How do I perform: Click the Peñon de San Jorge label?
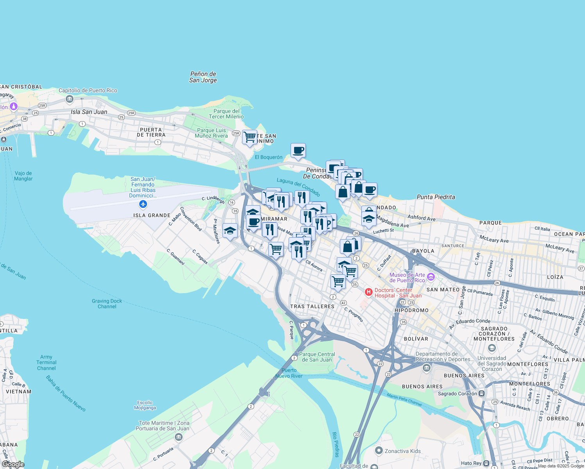point(203,77)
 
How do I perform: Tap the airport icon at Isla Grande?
point(143,204)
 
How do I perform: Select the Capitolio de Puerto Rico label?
point(88,90)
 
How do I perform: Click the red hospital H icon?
point(368,292)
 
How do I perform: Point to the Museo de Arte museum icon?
point(431,277)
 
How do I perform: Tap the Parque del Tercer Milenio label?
point(226,114)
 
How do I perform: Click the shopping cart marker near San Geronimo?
point(249,137)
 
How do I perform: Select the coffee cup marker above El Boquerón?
point(298,150)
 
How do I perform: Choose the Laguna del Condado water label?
point(298,187)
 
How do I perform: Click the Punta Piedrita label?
point(436,197)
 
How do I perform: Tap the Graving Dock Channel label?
point(107,304)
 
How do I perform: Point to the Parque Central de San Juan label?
point(317,357)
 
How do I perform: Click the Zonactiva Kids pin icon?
point(379,451)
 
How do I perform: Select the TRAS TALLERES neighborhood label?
point(312,306)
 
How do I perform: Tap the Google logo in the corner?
point(13,464)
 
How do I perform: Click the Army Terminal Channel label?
point(46,363)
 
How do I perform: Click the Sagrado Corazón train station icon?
point(482,394)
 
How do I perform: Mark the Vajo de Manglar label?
point(23,176)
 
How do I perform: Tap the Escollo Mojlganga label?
point(145,405)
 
